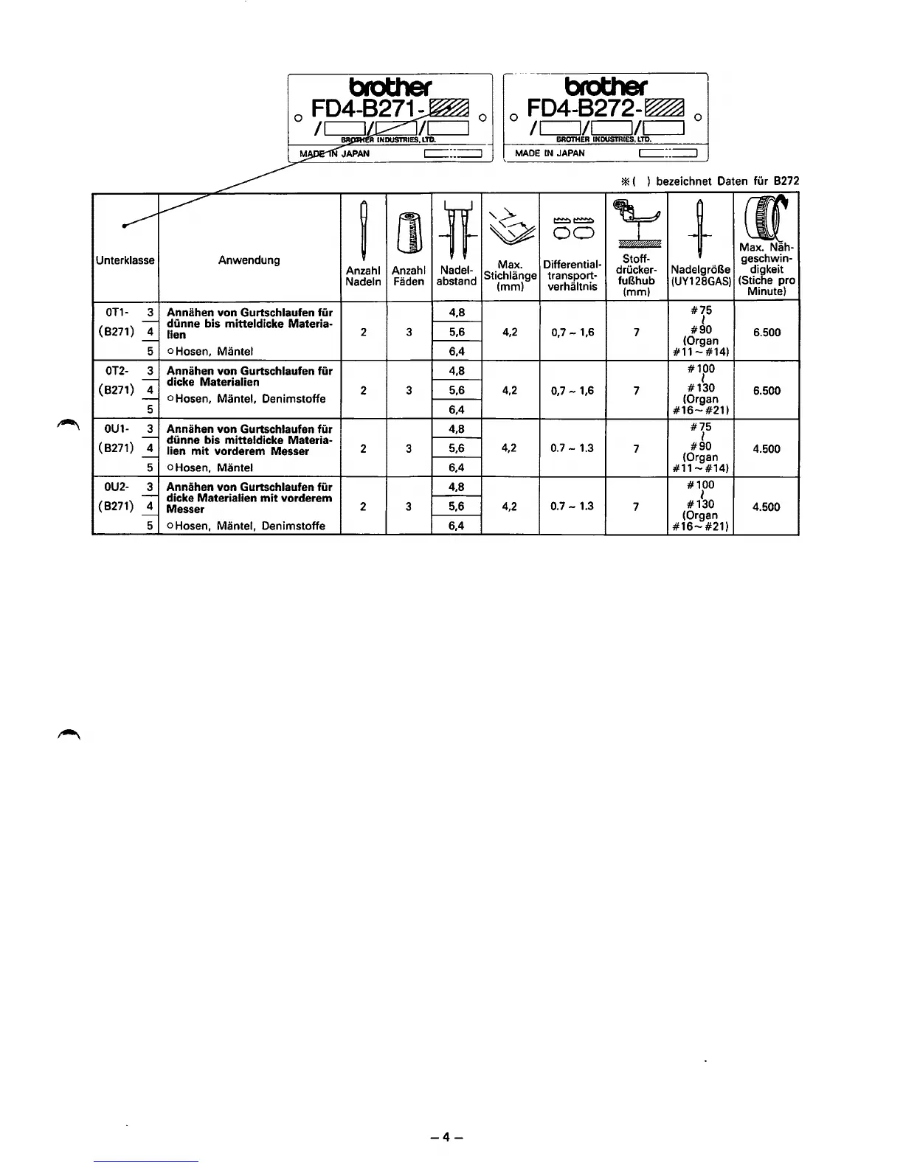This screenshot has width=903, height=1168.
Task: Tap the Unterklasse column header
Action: click(x=125, y=260)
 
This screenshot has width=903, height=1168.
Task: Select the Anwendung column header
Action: click(x=249, y=260)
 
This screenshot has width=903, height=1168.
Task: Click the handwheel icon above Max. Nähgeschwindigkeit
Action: click(x=767, y=218)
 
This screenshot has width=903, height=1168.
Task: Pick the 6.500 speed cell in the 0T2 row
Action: click(x=767, y=391)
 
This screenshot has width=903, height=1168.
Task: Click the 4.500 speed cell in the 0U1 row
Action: click(x=767, y=448)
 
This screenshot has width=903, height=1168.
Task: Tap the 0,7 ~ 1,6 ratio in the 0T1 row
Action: click(x=572, y=333)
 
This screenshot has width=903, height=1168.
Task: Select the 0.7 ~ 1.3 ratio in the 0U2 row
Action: click(x=572, y=507)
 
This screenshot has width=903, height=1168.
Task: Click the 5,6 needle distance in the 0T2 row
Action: click(x=457, y=391)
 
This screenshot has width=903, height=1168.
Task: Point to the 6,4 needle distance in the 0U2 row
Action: click(x=457, y=526)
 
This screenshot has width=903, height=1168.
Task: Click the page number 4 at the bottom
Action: click(x=447, y=1136)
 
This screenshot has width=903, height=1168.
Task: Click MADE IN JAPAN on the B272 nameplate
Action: click(x=550, y=153)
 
